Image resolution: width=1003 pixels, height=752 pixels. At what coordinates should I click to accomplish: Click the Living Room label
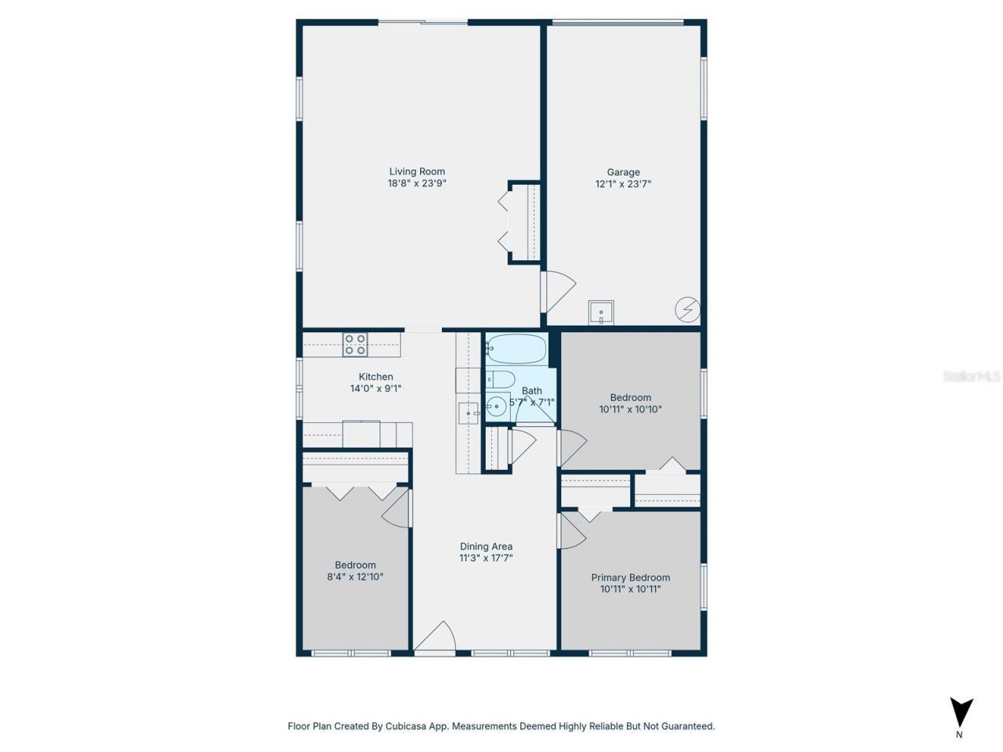(417, 172)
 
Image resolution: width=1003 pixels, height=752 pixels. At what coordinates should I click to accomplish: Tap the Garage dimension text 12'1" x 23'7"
(623, 184)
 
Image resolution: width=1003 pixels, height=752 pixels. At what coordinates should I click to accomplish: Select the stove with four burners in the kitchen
(355, 345)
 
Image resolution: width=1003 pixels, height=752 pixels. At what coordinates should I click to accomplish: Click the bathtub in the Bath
(516, 349)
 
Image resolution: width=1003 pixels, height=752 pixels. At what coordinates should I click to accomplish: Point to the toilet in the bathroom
(500, 380)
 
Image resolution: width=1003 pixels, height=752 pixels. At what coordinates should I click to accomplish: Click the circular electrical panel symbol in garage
(687, 309)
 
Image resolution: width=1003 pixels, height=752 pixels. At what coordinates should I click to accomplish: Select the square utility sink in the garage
(601, 313)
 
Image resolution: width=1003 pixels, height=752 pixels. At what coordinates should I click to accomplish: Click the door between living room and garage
(558, 291)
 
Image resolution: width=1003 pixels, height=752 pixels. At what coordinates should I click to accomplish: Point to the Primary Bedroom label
(630, 577)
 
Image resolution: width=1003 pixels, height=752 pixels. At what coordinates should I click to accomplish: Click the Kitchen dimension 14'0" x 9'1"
(375, 389)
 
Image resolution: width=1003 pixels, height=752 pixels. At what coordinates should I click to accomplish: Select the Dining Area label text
(486, 547)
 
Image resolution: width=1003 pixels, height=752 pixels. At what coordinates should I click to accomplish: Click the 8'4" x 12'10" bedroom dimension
(355, 577)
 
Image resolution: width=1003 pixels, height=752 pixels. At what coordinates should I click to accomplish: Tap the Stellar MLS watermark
(971, 377)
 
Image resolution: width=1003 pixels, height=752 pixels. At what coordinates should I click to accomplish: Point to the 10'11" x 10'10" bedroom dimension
(630, 409)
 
